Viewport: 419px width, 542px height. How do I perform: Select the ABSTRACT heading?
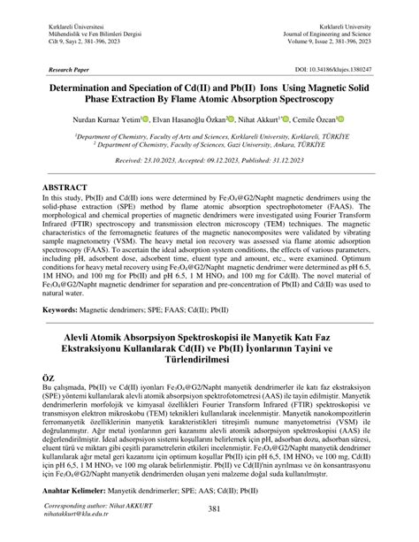[63, 188]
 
